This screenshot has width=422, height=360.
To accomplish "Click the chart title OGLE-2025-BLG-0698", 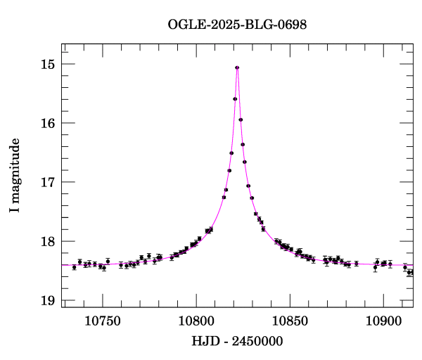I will [x=237, y=25].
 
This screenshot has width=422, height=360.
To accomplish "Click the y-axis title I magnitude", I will [x=15, y=176].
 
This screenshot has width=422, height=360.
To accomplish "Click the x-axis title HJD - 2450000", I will [x=237, y=342].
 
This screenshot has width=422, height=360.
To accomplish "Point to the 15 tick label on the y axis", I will [x=48, y=64].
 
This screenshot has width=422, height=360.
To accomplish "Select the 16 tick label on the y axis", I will [x=48, y=123].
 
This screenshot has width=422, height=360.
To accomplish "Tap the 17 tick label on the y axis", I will [x=48, y=182].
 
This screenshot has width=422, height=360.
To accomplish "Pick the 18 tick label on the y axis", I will [x=48, y=242].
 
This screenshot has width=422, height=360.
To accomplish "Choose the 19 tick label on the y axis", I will [x=48, y=301].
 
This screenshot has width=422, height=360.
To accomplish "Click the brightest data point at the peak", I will [x=237, y=67].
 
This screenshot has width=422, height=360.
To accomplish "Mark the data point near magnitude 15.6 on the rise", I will [x=235, y=99].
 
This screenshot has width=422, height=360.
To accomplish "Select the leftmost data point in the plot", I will [x=74, y=267].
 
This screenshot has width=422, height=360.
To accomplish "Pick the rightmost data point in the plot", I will [x=411, y=272].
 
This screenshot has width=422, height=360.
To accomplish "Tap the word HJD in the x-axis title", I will [x=203, y=342].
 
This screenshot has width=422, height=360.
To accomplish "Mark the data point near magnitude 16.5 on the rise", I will [x=231, y=153].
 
